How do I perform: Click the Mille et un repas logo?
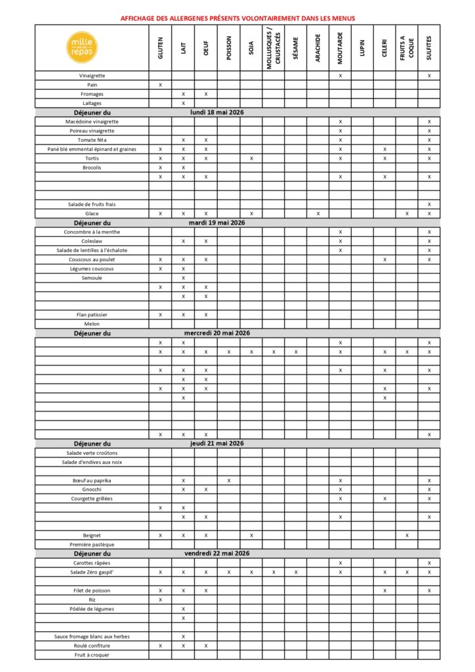click(91, 47)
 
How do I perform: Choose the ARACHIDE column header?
click(318, 48)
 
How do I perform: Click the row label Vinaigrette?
click(92, 76)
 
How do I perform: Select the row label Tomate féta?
click(92, 140)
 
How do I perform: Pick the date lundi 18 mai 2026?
click(217, 113)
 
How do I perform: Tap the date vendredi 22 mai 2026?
click(217, 554)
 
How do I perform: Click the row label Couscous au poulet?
click(92, 260)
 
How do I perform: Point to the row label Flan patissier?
click(92, 315)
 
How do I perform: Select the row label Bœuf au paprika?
click(92, 480)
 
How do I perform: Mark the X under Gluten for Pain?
click(161, 85)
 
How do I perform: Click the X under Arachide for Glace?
click(318, 214)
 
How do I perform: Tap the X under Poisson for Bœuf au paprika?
click(228, 480)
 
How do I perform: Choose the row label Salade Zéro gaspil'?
click(92, 572)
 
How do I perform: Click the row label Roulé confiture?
click(92, 646)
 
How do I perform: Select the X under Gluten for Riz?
click(161, 600)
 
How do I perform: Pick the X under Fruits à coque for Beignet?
click(407, 535)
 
